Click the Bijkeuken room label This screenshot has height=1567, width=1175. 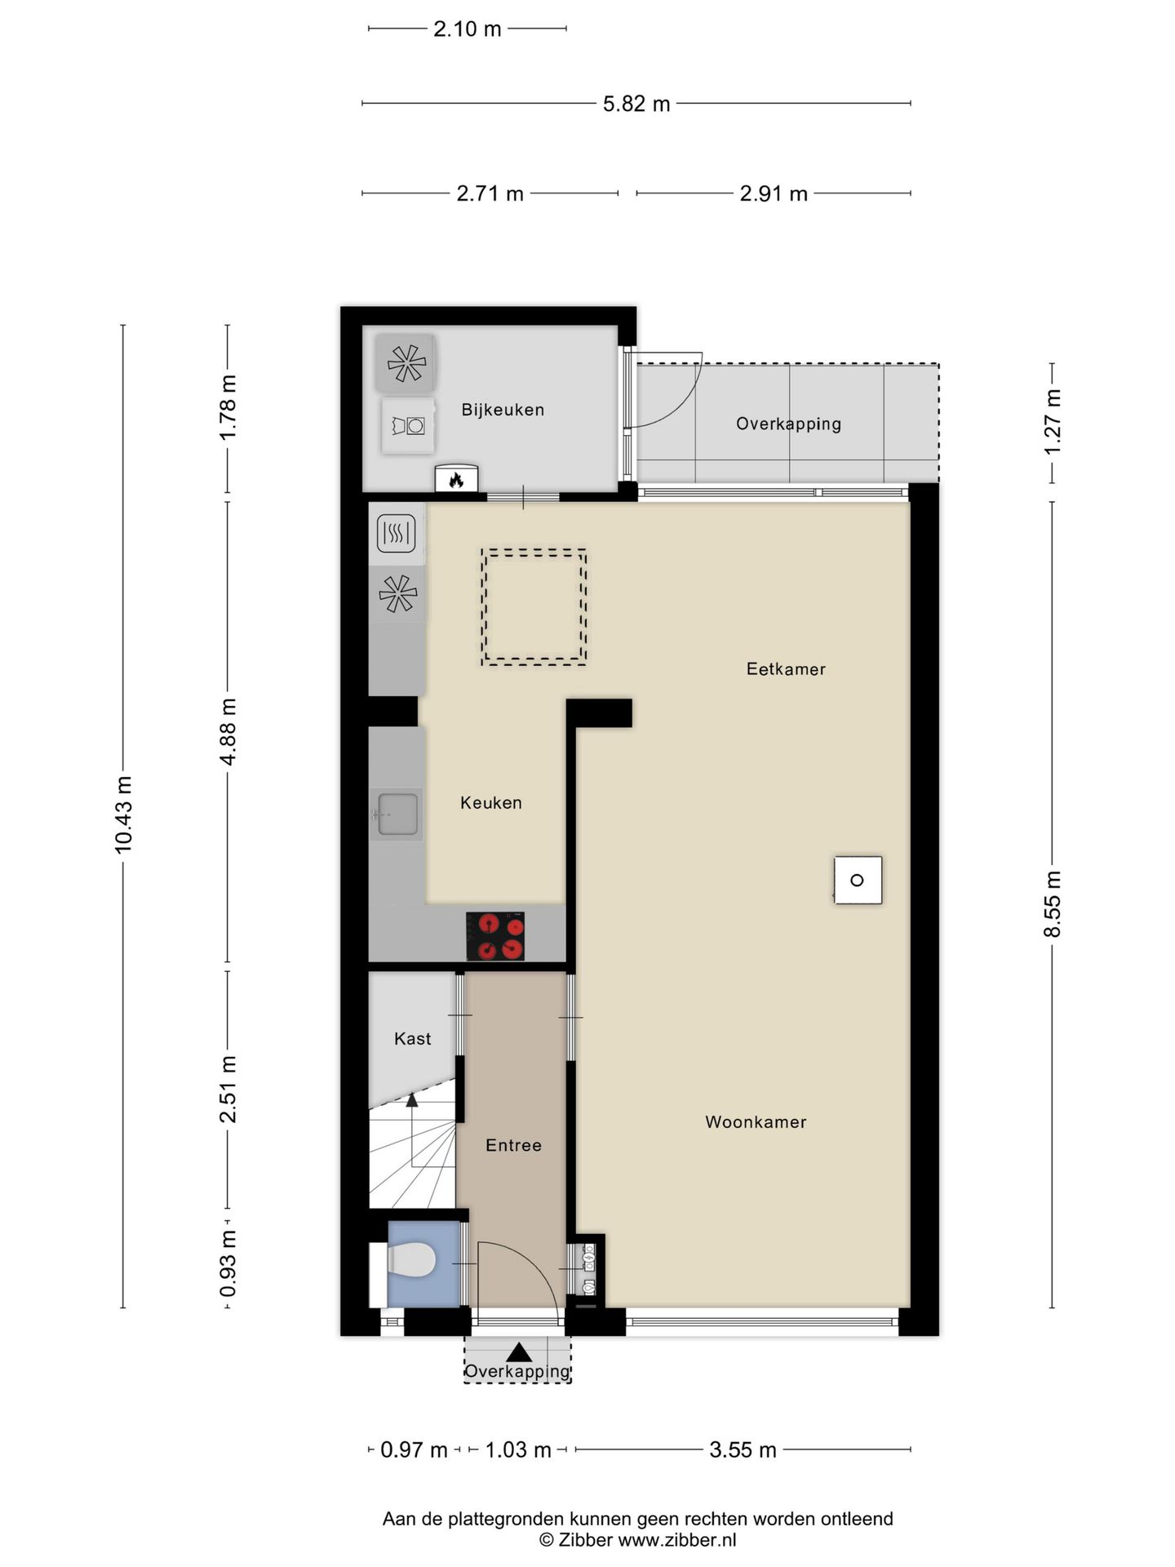click(x=503, y=410)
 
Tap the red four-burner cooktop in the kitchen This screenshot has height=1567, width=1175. click(x=495, y=936)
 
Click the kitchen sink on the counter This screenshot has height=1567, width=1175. click(x=397, y=814)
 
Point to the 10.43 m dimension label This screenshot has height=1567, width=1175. click(x=123, y=815)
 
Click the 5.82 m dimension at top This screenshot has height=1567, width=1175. click(x=636, y=104)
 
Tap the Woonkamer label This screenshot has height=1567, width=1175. click(x=756, y=1122)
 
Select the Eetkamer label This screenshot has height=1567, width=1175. click(x=786, y=669)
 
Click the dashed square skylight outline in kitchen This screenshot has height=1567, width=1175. click(x=534, y=606)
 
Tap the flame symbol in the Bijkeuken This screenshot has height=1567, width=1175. click(x=456, y=480)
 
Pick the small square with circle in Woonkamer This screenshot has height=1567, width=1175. click(x=858, y=880)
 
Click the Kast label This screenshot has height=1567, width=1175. click(x=412, y=1039)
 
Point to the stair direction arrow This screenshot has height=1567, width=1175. click(x=412, y=1101)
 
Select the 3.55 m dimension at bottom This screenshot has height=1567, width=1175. click(x=743, y=1450)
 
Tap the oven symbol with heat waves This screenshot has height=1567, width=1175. click(x=397, y=535)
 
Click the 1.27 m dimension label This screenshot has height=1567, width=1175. click(x=1053, y=423)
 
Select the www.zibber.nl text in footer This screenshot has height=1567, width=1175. click(x=676, y=1540)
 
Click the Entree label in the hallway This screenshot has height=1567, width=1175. click(x=513, y=1146)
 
